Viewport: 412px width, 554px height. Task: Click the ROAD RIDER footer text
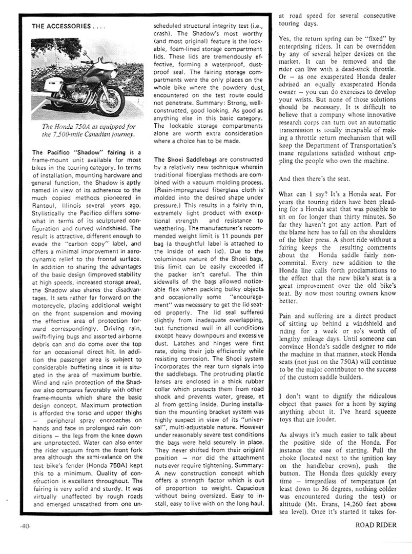coord(379,539)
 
